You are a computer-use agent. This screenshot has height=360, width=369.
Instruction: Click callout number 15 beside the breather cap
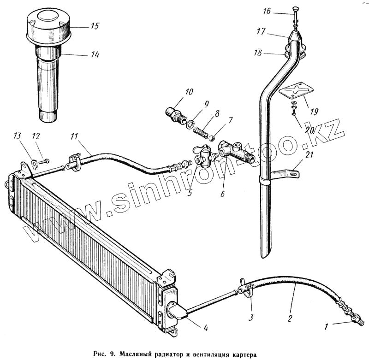[95, 26]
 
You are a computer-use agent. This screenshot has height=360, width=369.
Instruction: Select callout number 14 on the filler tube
[95, 54]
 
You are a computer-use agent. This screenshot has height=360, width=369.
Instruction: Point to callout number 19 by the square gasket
[314, 111]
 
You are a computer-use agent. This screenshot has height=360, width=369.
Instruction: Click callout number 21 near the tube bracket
[310, 155]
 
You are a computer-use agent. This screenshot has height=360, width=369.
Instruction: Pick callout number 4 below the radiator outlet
[205, 329]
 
